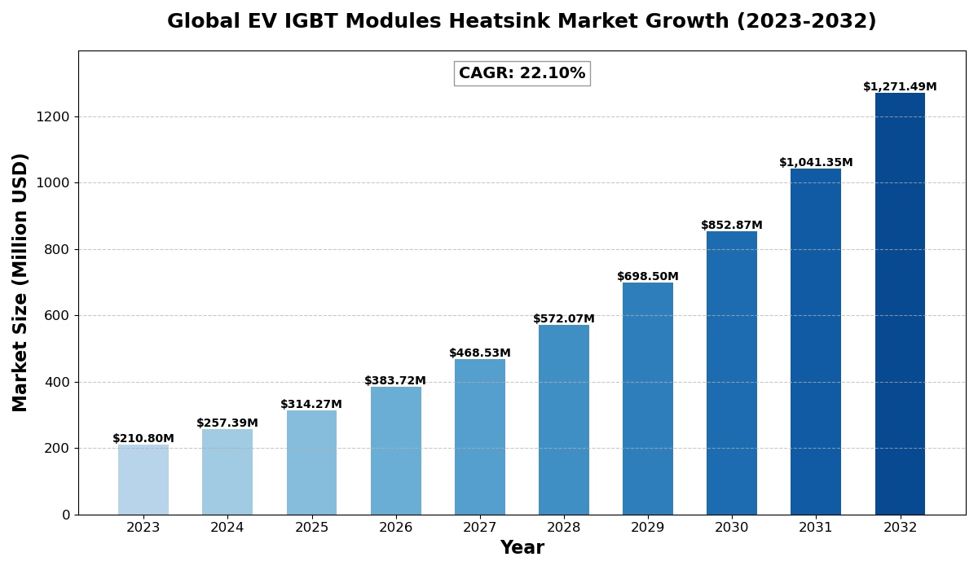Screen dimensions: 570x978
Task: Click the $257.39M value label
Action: coord(227,423)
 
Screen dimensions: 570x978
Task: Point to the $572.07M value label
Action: coord(564,319)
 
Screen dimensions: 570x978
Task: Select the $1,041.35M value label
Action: coord(816,163)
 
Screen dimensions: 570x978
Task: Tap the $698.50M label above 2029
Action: coord(648,277)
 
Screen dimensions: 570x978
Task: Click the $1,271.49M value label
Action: coord(900,87)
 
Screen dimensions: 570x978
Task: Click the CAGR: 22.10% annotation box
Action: coord(522,73)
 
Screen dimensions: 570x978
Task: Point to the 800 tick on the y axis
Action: coord(57,249)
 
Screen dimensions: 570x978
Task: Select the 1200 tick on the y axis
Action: coord(53,116)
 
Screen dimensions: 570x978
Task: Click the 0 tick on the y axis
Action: coord(66,515)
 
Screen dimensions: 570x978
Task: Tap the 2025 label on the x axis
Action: coord(311,528)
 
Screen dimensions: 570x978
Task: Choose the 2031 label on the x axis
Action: coord(816,528)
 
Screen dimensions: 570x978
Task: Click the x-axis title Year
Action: coord(522,548)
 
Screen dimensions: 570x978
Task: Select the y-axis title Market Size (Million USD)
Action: coord(20,282)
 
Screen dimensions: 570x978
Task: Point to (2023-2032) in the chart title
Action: coord(803,22)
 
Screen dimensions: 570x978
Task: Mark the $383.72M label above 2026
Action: coord(395,381)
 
